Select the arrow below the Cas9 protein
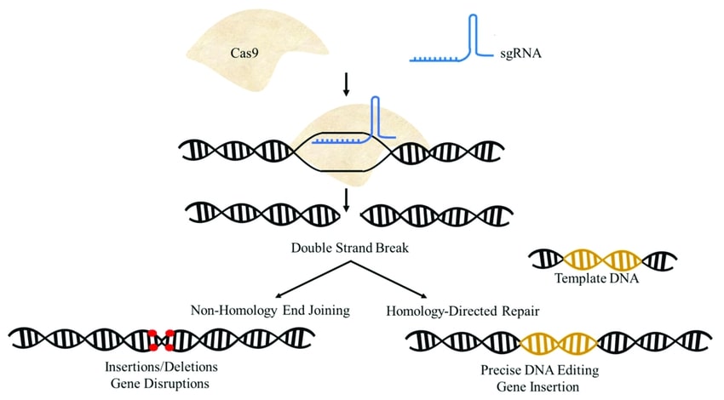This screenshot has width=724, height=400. tap(346, 83)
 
